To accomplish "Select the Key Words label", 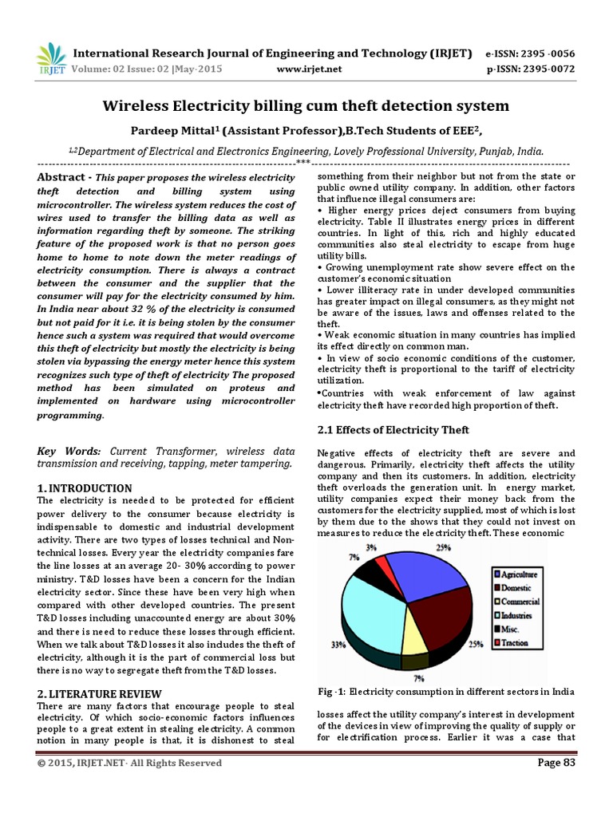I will point(69,451).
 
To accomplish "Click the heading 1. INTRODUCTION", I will point(85,487).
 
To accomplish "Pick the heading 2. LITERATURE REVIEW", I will point(100,693).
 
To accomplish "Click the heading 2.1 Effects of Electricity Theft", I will point(394,430).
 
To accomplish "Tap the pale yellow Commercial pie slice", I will point(413,639).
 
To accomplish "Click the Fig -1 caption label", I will point(331,690).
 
